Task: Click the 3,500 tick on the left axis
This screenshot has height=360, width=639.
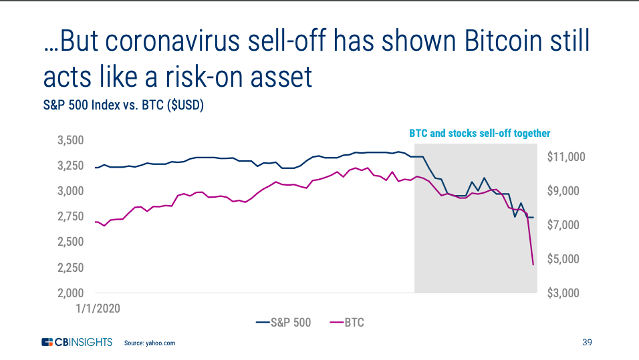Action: tap(70, 140)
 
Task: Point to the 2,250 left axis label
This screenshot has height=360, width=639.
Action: tap(70, 268)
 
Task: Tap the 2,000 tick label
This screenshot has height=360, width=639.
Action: tap(70, 293)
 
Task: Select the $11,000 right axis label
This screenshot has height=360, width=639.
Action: tap(566, 157)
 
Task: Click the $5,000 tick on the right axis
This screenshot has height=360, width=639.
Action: tap(563, 259)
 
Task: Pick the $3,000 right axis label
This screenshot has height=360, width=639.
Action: tap(563, 293)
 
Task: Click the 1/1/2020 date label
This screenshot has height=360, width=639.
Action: tap(98, 309)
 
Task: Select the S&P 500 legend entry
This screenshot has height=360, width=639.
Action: tap(283, 323)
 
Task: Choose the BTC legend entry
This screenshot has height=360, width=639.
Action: tap(346, 323)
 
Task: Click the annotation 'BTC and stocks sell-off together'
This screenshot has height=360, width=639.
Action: tap(480, 133)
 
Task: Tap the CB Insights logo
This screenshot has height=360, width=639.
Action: tap(77, 342)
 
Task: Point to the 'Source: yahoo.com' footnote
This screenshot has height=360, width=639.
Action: tap(150, 343)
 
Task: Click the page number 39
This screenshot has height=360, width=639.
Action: tap(587, 342)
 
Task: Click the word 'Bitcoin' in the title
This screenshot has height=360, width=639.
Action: tap(503, 41)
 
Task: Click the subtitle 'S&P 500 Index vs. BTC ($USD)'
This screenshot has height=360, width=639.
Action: tap(124, 105)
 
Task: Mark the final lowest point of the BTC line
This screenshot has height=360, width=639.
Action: tap(533, 264)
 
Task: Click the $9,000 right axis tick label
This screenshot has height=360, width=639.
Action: tap(563, 190)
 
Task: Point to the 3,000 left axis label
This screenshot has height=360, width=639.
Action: tap(70, 191)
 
